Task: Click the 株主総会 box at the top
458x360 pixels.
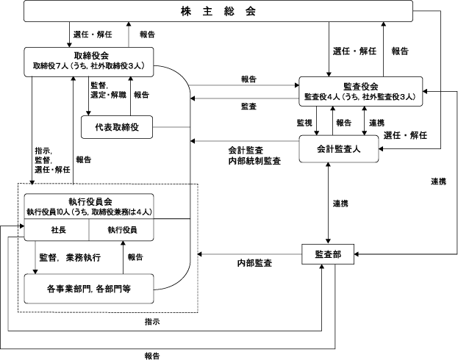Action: pos(218,11)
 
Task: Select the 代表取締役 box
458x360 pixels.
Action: pos(117,127)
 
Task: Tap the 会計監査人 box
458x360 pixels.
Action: pos(339,149)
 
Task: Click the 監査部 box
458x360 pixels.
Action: pos(328,254)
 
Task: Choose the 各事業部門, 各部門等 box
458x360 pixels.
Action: pos(89,289)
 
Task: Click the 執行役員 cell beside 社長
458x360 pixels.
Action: pos(121,230)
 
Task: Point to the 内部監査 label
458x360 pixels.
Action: pos(254,263)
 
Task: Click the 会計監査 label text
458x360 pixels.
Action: pos(246,151)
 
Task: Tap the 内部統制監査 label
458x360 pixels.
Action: pos(254,161)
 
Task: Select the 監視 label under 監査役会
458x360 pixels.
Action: pos(304,123)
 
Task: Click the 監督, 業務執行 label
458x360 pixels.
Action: pos(70,258)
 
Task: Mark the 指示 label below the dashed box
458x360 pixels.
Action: pos(152,322)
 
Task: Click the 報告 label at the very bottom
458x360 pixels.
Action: pos(152,356)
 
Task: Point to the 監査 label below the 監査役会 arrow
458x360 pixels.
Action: pos(248,107)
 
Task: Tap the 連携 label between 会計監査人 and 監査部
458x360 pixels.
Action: pos(340,204)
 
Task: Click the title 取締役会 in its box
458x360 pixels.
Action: pos(91,56)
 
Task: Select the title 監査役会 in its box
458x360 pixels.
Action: pos(361,87)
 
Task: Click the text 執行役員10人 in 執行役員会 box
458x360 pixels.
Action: pos(49,212)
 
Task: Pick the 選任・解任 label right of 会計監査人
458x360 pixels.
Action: pos(405,135)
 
